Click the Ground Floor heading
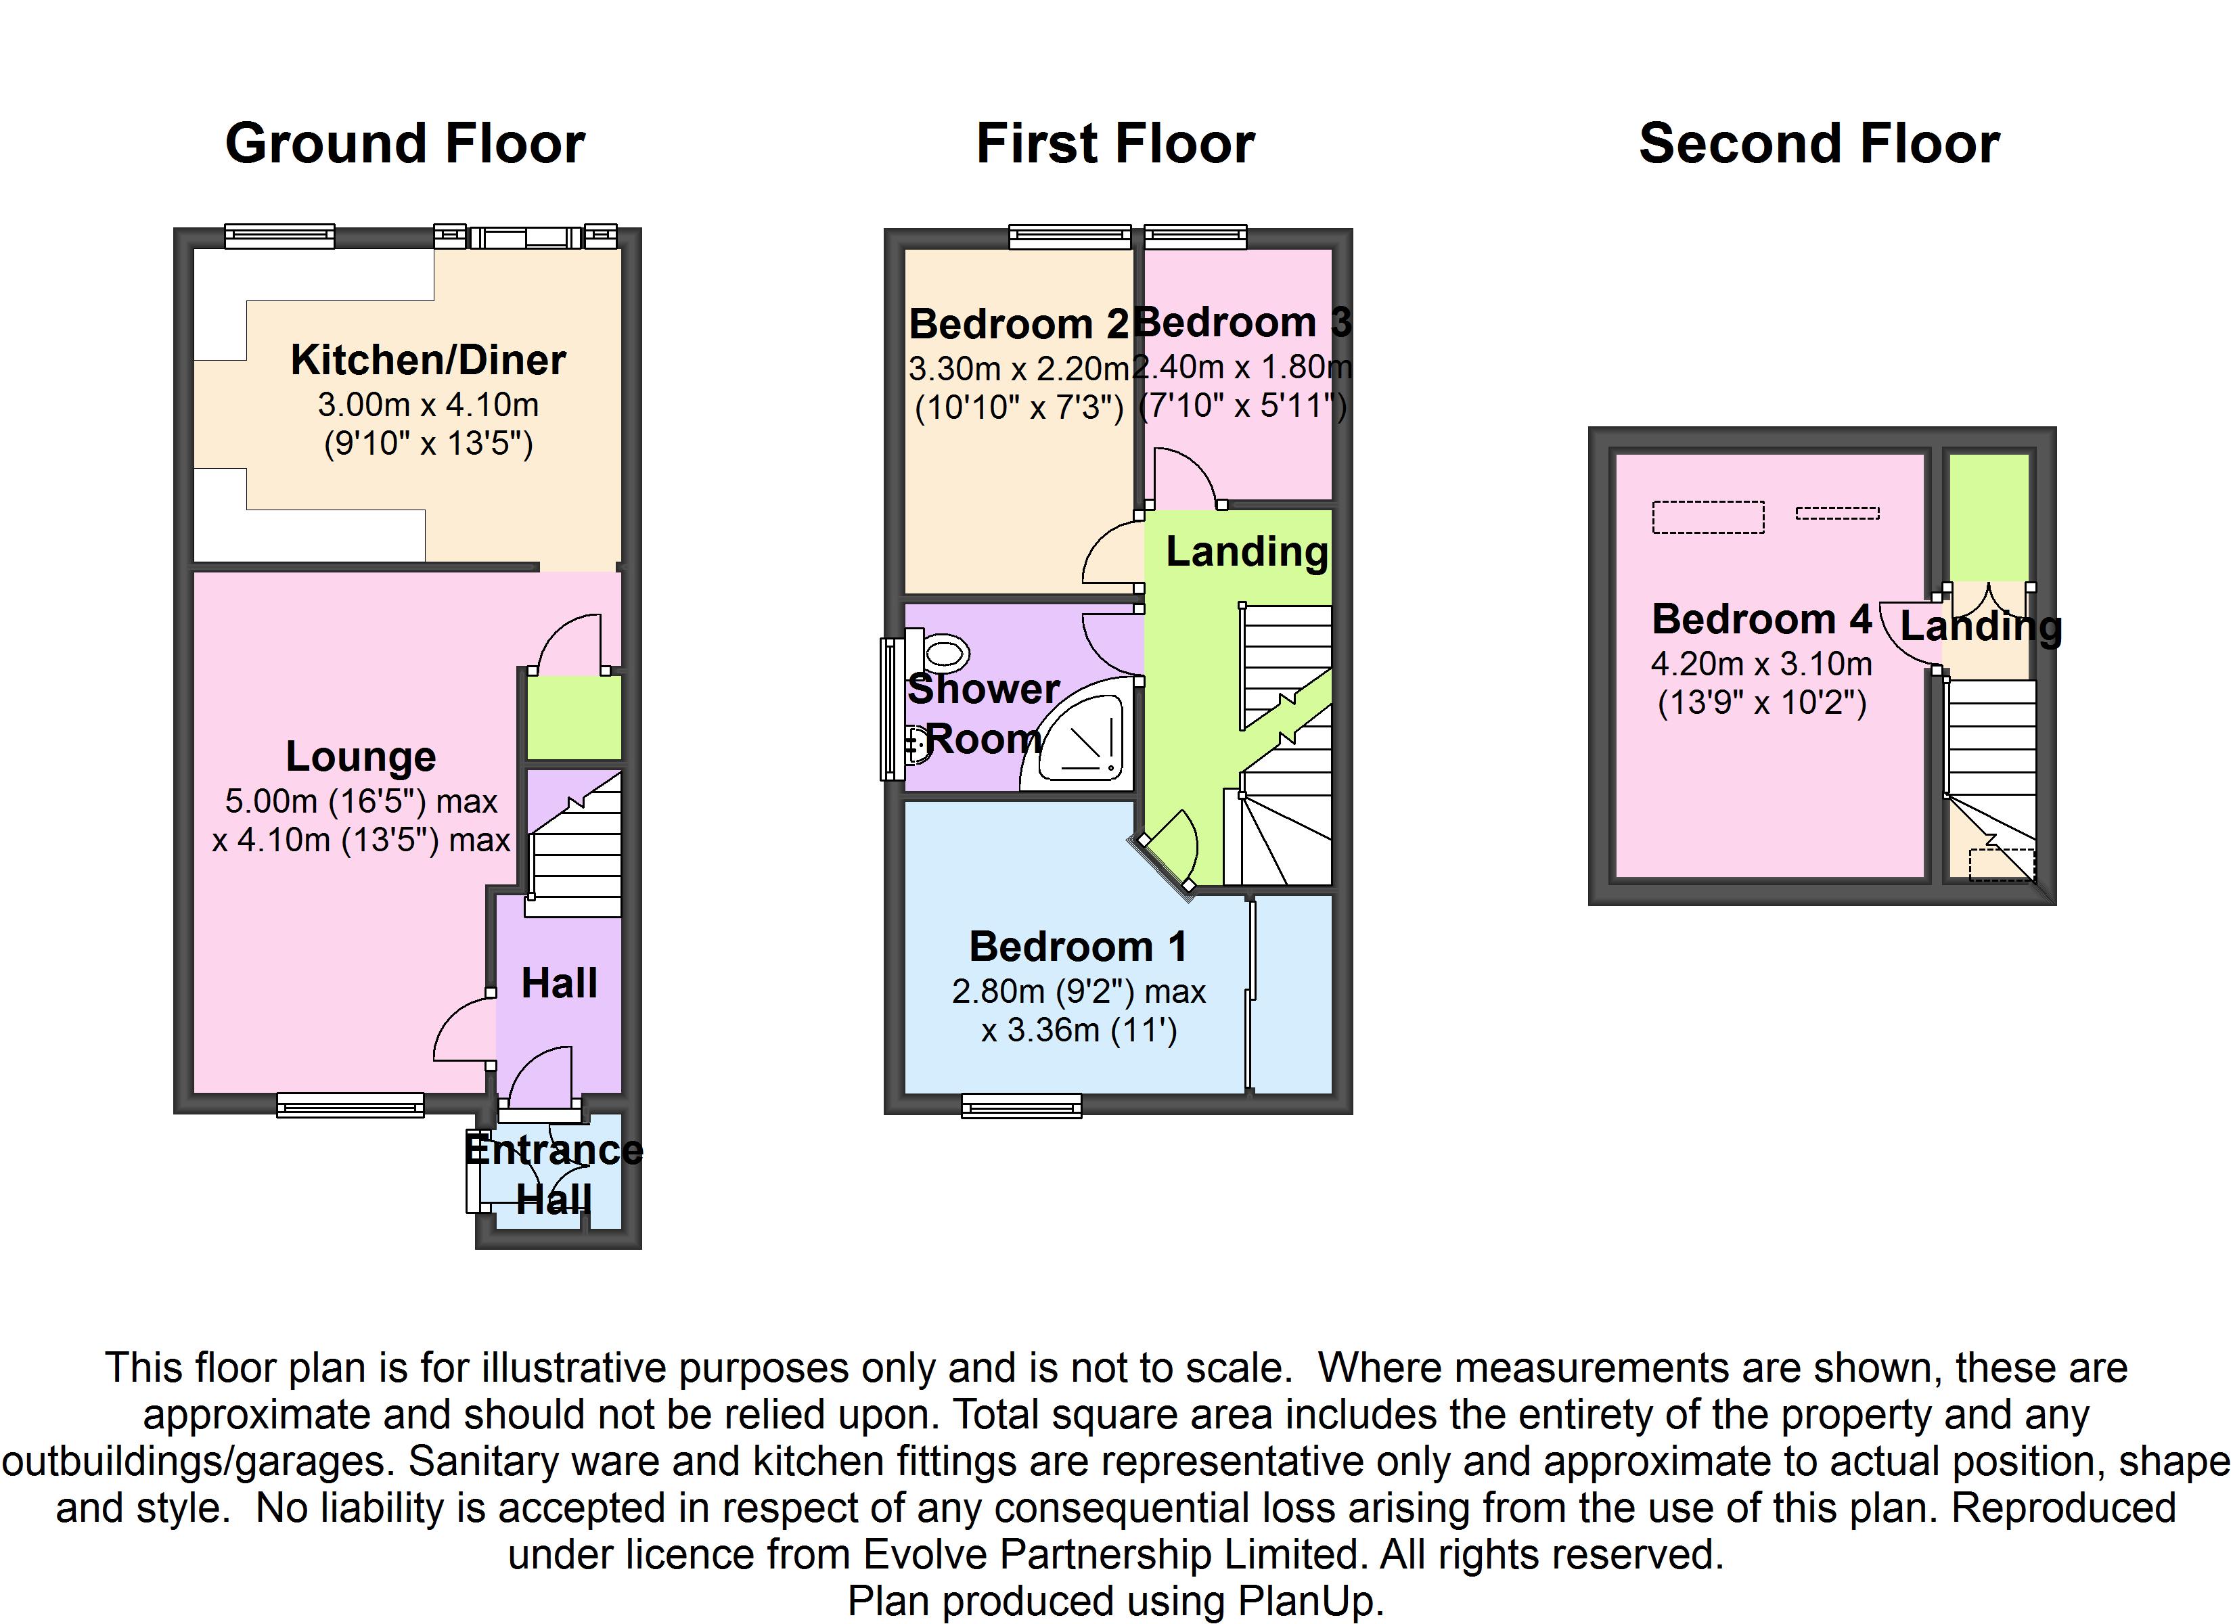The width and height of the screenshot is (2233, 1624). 405,143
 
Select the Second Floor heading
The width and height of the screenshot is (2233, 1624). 1818,143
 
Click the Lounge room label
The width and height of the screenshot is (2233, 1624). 361,757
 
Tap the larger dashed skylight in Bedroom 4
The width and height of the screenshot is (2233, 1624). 1707,517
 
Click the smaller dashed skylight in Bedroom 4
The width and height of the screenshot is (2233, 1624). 1837,512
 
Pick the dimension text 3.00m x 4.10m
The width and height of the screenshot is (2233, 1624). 428,404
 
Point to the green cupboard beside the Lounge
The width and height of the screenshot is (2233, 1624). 573,717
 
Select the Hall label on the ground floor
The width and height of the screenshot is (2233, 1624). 559,983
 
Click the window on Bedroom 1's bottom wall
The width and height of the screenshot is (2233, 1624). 1021,1105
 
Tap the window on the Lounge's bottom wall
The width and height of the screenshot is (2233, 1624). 351,1105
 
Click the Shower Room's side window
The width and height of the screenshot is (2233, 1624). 892,709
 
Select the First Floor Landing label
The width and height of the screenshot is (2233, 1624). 1246,551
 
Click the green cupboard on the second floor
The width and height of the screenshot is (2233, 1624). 1989,517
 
